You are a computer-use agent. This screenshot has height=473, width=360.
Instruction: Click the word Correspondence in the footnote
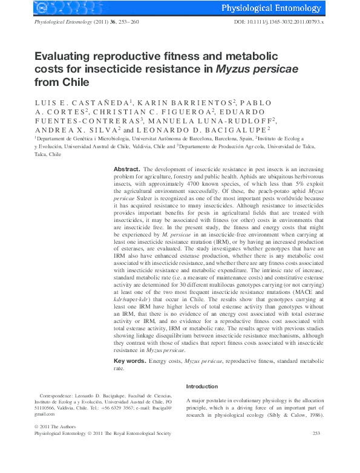(x=59, y=394)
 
